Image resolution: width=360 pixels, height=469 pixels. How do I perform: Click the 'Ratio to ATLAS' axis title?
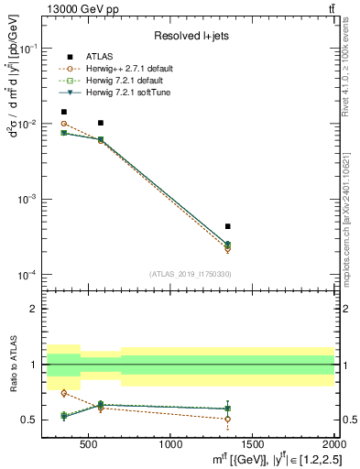14,365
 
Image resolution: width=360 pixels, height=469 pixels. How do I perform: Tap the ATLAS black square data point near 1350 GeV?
227,225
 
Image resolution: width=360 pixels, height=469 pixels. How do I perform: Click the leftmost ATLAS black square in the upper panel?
63,112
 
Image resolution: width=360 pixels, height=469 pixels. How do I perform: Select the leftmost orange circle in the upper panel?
63,123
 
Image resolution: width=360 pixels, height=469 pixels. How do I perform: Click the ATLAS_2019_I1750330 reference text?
189,274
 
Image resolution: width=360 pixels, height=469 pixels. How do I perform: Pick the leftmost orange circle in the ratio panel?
63,393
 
